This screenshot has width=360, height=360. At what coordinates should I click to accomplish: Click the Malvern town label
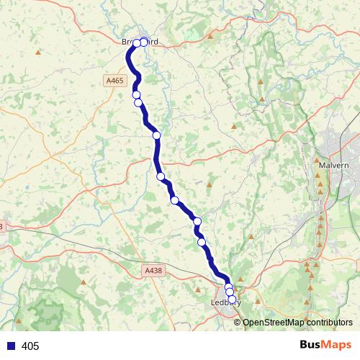(333, 165)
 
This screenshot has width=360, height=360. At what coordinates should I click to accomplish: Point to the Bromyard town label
(140, 42)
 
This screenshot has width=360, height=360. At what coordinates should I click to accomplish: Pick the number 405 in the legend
(30, 346)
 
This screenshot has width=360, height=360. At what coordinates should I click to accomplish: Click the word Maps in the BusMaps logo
(337, 346)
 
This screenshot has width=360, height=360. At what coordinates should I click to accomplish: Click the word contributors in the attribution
(330, 322)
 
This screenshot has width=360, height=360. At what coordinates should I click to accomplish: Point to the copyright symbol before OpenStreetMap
(238, 322)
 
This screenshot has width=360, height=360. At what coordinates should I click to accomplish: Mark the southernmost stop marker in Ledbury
(232, 299)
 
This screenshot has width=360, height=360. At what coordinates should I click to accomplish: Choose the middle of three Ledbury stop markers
(230, 292)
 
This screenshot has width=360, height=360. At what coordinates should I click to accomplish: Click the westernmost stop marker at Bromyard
(137, 43)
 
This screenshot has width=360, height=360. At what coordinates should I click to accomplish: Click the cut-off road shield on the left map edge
(1, 227)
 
